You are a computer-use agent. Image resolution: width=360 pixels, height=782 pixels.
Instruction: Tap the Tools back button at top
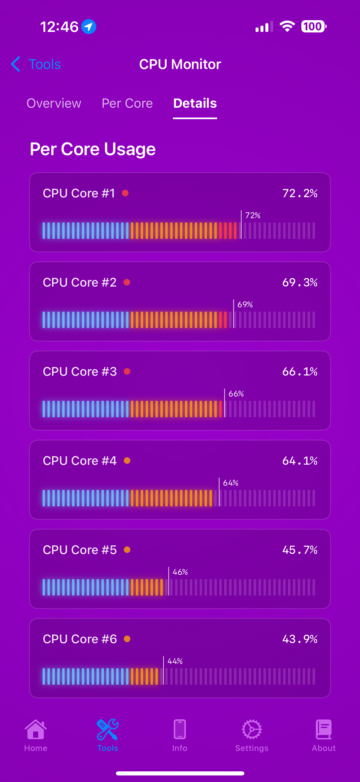pos(36,64)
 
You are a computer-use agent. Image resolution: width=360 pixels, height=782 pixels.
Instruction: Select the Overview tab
pos(54,103)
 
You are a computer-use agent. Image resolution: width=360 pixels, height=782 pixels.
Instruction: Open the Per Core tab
pos(127,103)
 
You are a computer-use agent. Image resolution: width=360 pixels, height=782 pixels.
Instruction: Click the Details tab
pos(195,103)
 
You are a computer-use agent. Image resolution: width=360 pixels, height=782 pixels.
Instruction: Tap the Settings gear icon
pos(252,729)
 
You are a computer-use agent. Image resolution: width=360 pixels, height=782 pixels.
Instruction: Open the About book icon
pos(323,729)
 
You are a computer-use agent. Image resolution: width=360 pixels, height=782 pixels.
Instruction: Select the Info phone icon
pos(180,729)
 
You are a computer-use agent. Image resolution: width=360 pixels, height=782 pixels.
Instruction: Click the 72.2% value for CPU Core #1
pos(300,193)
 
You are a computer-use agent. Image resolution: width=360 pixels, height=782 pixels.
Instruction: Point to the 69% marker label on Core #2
pos(245,305)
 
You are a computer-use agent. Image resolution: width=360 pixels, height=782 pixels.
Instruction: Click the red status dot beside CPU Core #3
pos(127,371)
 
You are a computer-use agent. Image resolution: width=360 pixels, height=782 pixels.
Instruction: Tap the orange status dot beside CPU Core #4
pos(127,461)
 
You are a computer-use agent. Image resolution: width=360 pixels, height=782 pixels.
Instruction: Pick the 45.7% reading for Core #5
pos(300,550)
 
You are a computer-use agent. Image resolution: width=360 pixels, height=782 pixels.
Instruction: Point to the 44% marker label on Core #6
pos(175,661)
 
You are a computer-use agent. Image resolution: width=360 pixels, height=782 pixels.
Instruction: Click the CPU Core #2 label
pos(80,282)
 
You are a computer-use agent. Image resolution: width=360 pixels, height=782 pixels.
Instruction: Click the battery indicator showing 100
pos(314,26)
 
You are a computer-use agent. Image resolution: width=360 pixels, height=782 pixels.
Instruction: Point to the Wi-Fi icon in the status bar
pos(287,26)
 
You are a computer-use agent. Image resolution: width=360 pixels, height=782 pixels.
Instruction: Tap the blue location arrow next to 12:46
pos(89,27)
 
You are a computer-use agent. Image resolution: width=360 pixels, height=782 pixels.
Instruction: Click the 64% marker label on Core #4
pos(231,483)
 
